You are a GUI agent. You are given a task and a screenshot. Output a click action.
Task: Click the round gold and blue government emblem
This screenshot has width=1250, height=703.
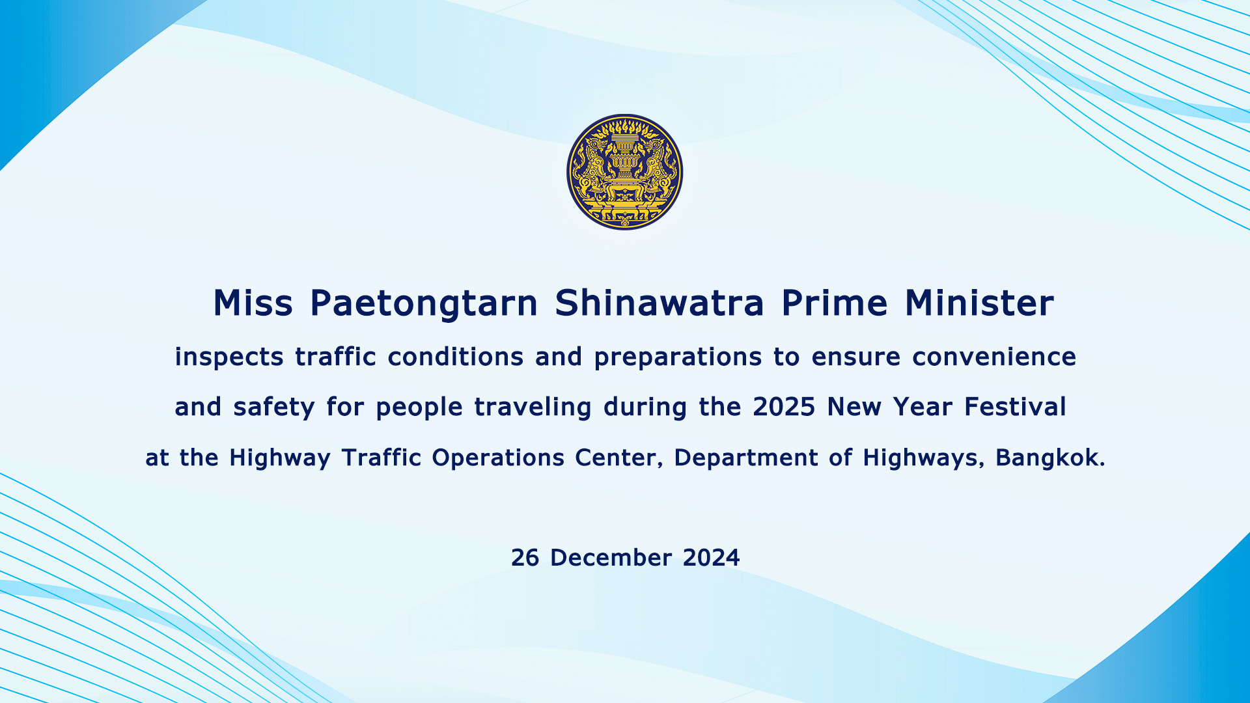click(x=625, y=172)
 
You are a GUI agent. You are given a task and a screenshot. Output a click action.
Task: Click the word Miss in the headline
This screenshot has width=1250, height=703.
click(x=253, y=303)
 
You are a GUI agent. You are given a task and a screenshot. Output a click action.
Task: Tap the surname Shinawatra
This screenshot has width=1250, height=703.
click(x=660, y=303)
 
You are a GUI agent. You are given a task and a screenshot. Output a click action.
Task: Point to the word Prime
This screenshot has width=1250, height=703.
click(x=835, y=303)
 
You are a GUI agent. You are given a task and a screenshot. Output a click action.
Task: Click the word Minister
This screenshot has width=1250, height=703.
click(x=979, y=303)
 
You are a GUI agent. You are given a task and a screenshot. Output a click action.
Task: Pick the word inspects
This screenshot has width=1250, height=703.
click(x=229, y=357)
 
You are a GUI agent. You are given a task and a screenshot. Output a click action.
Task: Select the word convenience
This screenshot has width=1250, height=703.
click(x=994, y=357)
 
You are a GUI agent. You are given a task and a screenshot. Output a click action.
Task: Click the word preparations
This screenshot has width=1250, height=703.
click(x=678, y=358)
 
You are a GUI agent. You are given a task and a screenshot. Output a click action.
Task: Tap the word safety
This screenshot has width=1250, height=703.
click(x=274, y=408)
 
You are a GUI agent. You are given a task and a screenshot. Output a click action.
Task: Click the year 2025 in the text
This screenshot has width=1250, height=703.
click(x=784, y=407)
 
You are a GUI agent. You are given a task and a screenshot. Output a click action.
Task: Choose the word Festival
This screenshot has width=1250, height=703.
click(x=1015, y=407)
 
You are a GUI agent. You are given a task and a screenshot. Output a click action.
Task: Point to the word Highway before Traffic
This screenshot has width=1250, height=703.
click(x=280, y=458)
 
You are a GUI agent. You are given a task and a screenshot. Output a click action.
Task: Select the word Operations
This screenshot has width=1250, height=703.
click(x=498, y=458)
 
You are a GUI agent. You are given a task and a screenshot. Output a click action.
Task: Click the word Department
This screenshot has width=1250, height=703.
click(x=746, y=458)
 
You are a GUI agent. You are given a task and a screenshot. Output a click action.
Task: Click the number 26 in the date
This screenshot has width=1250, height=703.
click(x=525, y=558)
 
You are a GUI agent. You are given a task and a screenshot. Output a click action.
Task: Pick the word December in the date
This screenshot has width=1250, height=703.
click(x=611, y=558)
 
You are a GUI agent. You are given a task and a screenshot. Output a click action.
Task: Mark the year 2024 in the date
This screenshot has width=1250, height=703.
click(x=711, y=558)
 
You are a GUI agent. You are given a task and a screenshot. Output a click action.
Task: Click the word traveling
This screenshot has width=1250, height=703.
click(x=533, y=408)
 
